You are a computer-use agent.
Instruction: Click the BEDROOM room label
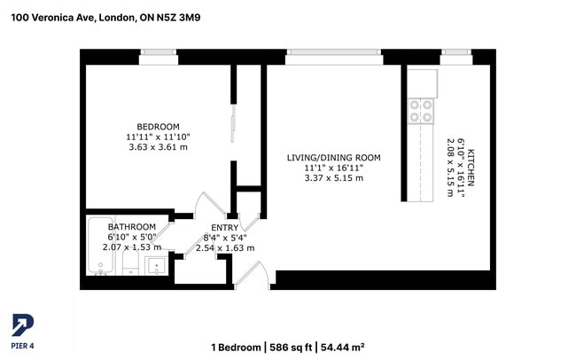point(158,125)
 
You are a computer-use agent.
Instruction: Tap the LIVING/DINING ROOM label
point(333,157)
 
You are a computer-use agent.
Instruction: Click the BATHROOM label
point(131,227)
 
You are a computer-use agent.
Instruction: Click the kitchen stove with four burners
point(421,110)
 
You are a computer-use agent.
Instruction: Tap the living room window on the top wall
point(334,54)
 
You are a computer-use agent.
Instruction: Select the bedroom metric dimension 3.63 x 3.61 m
point(158,147)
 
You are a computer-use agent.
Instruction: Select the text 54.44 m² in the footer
point(341,347)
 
